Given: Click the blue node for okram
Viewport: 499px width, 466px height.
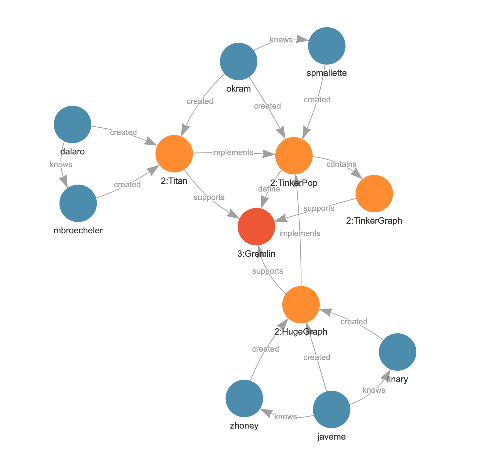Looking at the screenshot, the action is pyautogui.click(x=238, y=62).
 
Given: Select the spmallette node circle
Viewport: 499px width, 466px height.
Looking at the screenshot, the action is pyautogui.click(x=327, y=46).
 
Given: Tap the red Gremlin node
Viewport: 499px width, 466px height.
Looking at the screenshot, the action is pyautogui.click(x=256, y=227).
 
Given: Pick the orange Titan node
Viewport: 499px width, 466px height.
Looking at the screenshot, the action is pyautogui.click(x=174, y=154).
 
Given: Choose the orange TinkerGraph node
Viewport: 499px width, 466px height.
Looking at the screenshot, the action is pyautogui.click(x=374, y=194).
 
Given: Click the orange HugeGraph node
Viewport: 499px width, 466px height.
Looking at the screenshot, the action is pyautogui.click(x=301, y=305).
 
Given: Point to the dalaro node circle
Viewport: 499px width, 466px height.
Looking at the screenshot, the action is pyautogui.click(x=73, y=124).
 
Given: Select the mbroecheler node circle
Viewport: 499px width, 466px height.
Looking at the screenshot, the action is pyautogui.click(x=78, y=203).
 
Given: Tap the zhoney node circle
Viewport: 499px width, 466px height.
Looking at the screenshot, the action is pyautogui.click(x=244, y=398).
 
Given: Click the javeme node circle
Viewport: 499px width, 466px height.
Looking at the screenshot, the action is pyautogui.click(x=331, y=410).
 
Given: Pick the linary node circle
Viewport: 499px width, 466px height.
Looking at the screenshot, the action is pyautogui.click(x=397, y=352).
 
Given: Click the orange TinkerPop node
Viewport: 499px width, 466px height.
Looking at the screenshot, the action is pyautogui.click(x=294, y=156).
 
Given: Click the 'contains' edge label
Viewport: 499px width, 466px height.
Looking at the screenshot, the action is pyautogui.click(x=341, y=164).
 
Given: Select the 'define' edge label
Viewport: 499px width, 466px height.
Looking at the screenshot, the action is pyautogui.click(x=269, y=189).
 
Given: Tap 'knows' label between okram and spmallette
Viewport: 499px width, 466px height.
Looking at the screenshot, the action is pyautogui.click(x=281, y=40).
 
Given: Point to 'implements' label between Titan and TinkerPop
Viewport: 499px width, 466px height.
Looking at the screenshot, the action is pyautogui.click(x=233, y=153).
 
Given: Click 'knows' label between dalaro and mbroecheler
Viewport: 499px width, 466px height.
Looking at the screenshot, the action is pyautogui.click(x=61, y=164).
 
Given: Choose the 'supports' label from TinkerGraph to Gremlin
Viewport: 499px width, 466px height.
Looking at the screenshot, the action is pyautogui.click(x=319, y=208).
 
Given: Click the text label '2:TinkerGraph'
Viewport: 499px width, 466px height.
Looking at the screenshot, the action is pyautogui.click(x=374, y=221).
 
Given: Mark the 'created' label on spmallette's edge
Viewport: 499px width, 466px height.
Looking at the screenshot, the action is pyautogui.click(x=317, y=100).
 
